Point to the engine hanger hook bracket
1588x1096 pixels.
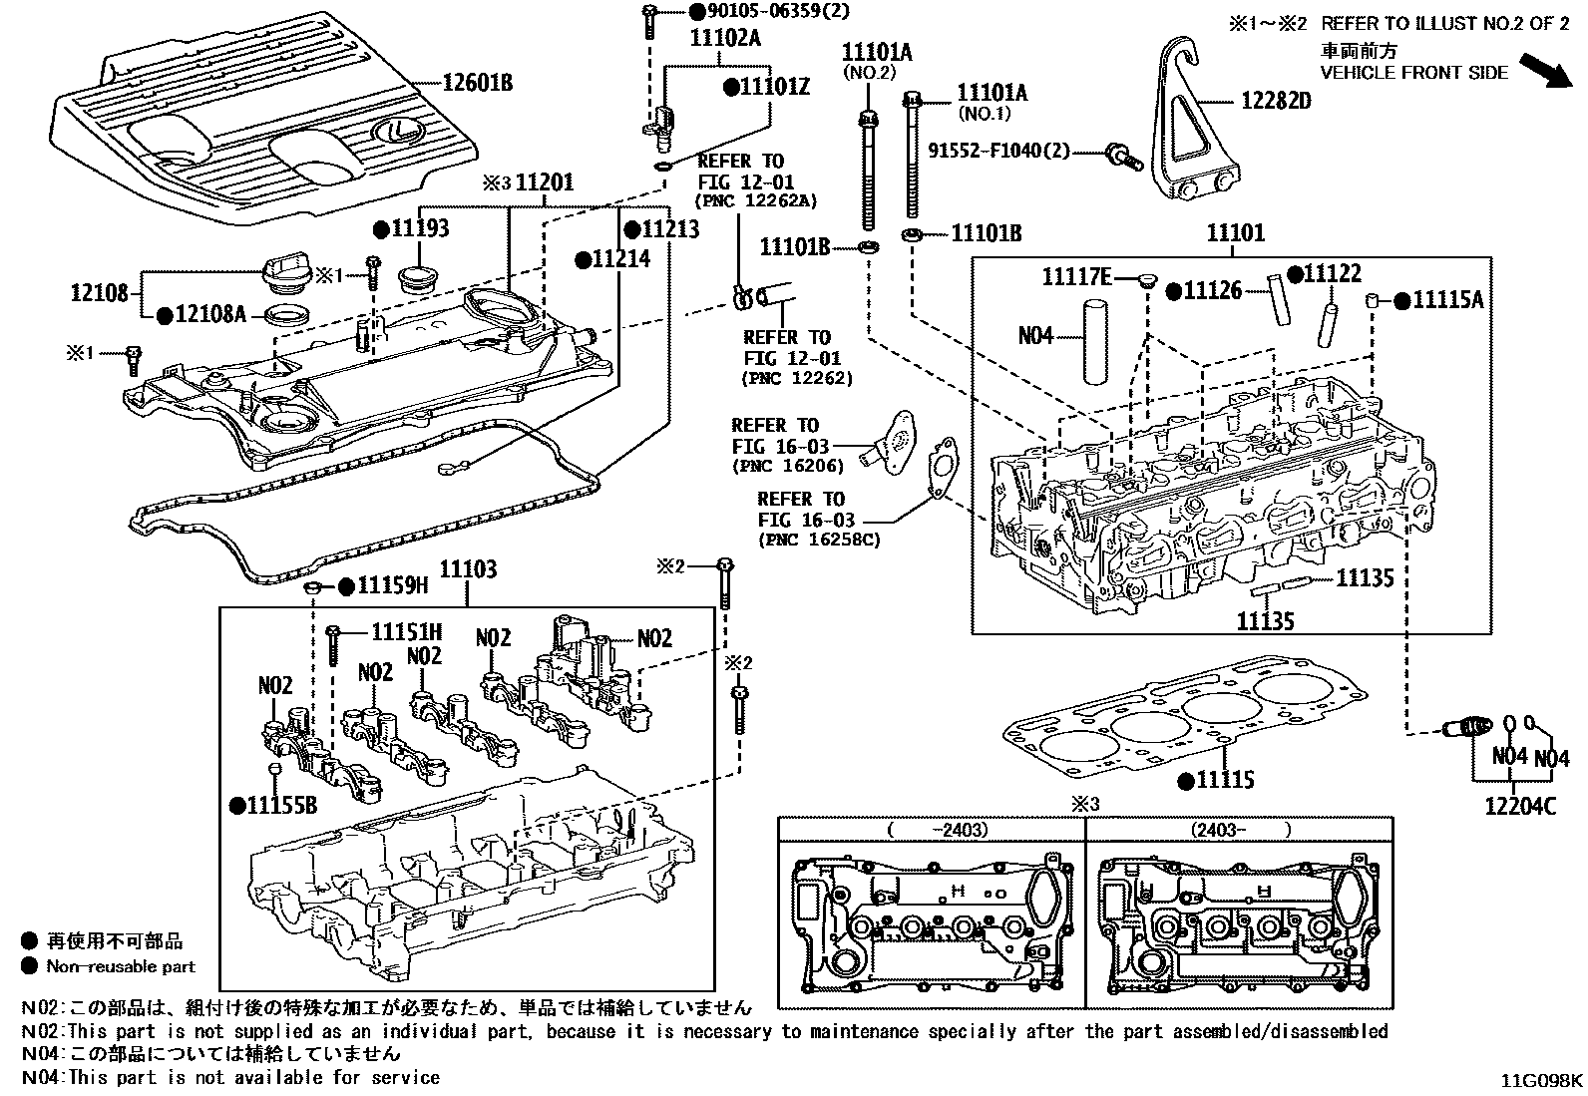coord(1193,130)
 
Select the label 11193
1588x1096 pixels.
coord(419,228)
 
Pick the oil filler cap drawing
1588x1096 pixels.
coord(284,272)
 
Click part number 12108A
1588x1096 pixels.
coord(210,314)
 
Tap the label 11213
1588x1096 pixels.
coord(670,229)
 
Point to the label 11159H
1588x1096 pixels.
coord(393,586)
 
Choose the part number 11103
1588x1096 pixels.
coord(468,569)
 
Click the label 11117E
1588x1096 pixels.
coord(1076,276)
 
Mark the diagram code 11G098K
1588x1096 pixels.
coord(1543,1080)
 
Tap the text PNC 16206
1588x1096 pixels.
coord(788,465)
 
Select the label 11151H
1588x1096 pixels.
coord(406,630)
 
